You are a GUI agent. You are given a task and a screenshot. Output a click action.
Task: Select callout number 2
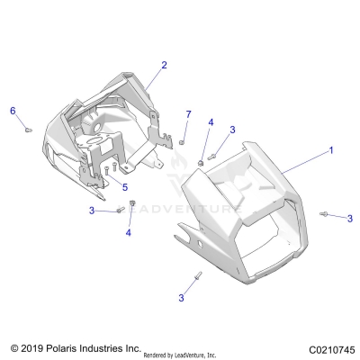(x=164, y=65)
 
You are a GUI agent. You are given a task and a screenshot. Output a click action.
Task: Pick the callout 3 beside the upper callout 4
(x=232, y=130)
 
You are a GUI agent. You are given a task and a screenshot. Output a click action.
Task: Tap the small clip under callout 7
(x=183, y=141)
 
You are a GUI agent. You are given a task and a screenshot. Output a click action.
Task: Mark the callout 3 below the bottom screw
(x=181, y=296)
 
